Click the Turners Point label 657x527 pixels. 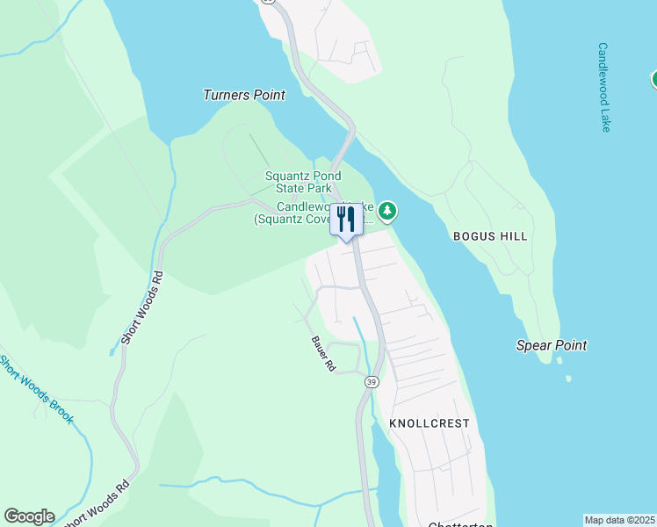(244, 95)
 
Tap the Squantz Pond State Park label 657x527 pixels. (299, 182)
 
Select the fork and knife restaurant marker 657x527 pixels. (345, 220)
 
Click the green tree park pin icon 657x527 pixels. (387, 211)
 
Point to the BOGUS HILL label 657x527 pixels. (490, 236)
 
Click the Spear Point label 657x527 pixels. (552, 345)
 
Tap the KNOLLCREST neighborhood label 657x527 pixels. (430, 423)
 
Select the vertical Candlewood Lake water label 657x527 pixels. (603, 87)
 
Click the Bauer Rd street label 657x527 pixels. (323, 353)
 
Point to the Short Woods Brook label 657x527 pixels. (37, 389)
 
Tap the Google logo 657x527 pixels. (29, 516)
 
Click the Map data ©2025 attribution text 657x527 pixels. (619, 520)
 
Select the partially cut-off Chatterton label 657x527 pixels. (458, 524)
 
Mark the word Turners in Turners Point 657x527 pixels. (227, 95)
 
